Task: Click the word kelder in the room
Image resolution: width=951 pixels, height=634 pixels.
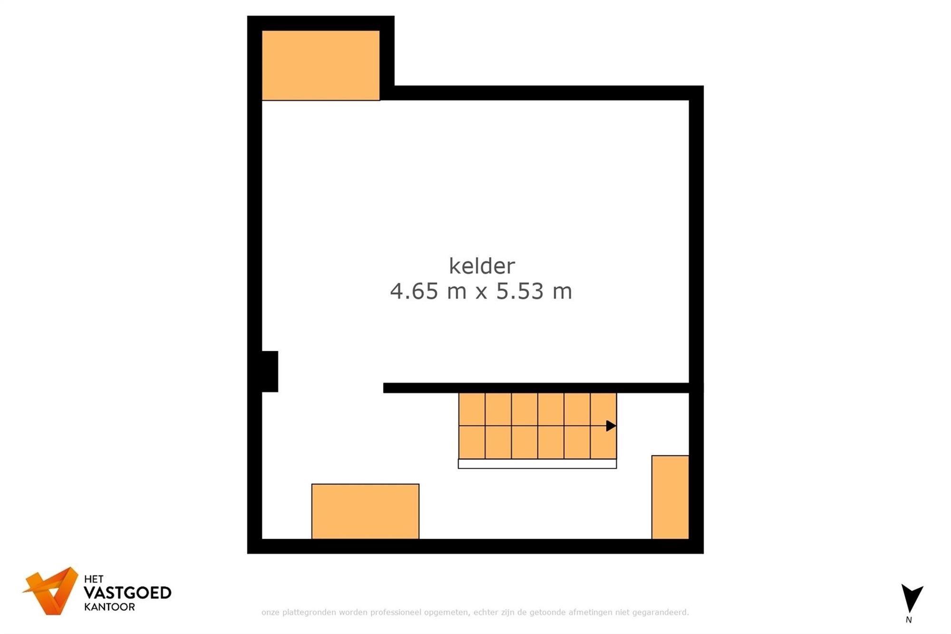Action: (482, 266)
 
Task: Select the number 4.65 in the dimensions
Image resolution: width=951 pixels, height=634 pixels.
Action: (414, 291)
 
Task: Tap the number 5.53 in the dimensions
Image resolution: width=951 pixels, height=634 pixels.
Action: (520, 291)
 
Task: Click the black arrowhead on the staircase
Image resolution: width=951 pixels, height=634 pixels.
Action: (611, 426)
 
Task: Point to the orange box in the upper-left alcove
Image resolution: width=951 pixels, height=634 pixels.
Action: (320, 66)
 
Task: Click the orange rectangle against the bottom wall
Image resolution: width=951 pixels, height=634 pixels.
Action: (365, 511)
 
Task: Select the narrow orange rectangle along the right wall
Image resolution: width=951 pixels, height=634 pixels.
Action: (670, 497)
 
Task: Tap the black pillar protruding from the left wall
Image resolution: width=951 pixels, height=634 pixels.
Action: (270, 371)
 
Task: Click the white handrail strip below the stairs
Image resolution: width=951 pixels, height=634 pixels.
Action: (537, 464)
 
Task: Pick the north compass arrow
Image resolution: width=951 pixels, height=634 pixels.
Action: (912, 598)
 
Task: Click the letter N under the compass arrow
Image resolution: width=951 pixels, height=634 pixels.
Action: (909, 620)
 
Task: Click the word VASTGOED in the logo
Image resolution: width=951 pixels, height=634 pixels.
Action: (127, 593)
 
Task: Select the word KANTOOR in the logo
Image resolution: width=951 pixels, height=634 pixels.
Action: (109, 607)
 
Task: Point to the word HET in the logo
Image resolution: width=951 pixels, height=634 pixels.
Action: (94, 579)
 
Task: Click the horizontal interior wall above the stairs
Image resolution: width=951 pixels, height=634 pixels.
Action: (536, 388)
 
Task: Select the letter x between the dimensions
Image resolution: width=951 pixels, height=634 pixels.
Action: (481, 293)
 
